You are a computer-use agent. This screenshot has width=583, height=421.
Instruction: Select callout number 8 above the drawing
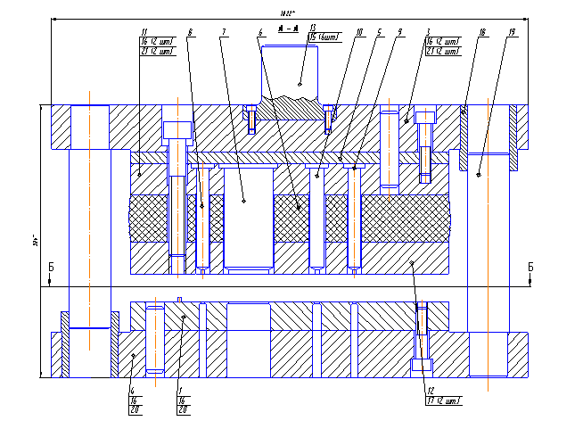190,32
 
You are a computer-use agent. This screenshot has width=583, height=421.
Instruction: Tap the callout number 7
223,32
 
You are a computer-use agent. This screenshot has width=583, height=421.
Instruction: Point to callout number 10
358,32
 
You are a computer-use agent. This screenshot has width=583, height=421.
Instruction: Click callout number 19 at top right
512,32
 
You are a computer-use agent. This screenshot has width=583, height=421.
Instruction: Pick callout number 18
481,32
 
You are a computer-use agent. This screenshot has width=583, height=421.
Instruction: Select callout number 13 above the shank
313,28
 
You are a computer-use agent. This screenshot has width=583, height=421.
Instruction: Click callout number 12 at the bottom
429,391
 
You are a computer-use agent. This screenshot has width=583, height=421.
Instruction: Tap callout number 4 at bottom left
132,391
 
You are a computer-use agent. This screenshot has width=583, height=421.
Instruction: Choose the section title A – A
287,29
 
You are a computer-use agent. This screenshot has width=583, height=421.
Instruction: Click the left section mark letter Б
52,267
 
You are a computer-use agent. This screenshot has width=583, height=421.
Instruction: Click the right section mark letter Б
530,267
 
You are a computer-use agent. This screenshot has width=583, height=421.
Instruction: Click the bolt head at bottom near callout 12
423,365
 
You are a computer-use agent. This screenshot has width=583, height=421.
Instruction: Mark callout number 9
400,32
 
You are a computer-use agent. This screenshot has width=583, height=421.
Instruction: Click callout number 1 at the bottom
180,391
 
